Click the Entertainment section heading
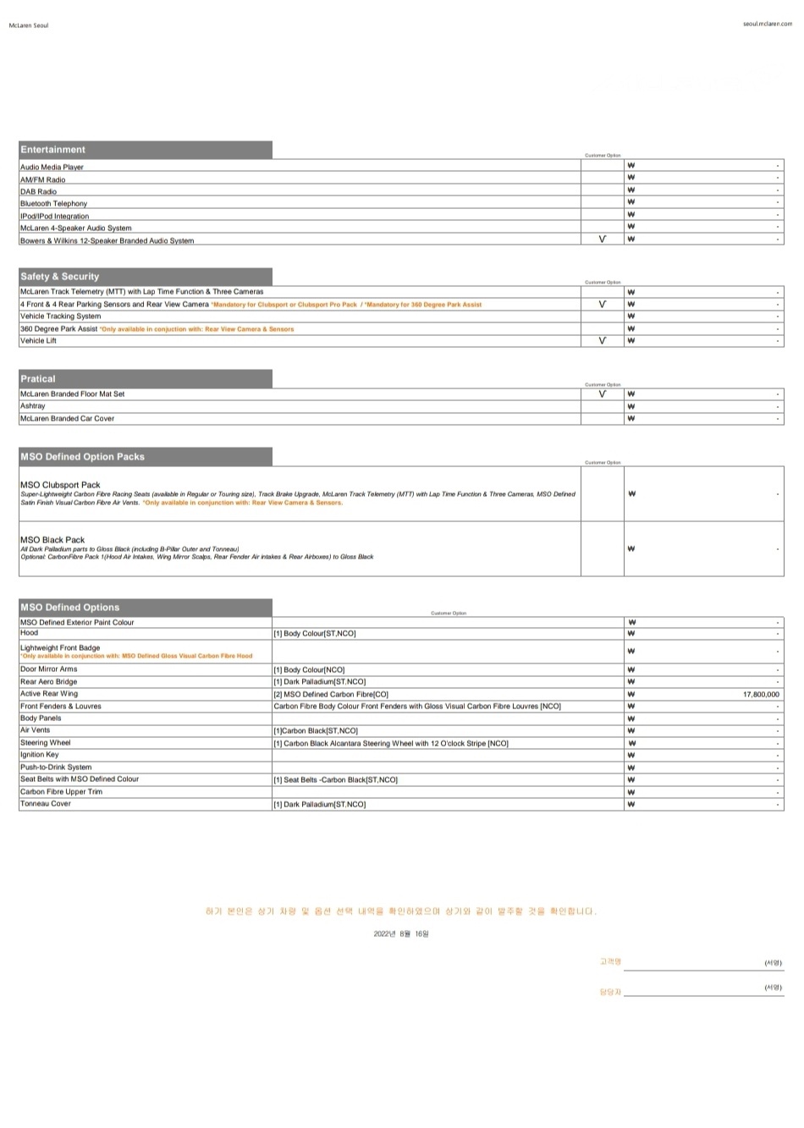[53, 150]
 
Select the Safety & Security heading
[60, 277]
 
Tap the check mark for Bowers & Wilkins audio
[603, 239]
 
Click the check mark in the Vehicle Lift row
[603, 341]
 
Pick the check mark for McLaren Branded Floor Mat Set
[603, 393]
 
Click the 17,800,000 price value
[761, 694]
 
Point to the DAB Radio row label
[39, 192]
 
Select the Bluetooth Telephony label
[54, 204]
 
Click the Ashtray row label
[33, 406]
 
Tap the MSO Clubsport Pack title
[60, 485]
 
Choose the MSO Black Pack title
[52, 539]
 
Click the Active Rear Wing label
[49, 694]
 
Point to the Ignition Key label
[40, 755]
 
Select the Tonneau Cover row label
[46, 804]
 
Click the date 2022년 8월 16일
[401, 934]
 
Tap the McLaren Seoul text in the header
[29, 25]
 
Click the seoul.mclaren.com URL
[768, 24]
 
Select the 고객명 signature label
[609, 962]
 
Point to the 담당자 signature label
[609, 992]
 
